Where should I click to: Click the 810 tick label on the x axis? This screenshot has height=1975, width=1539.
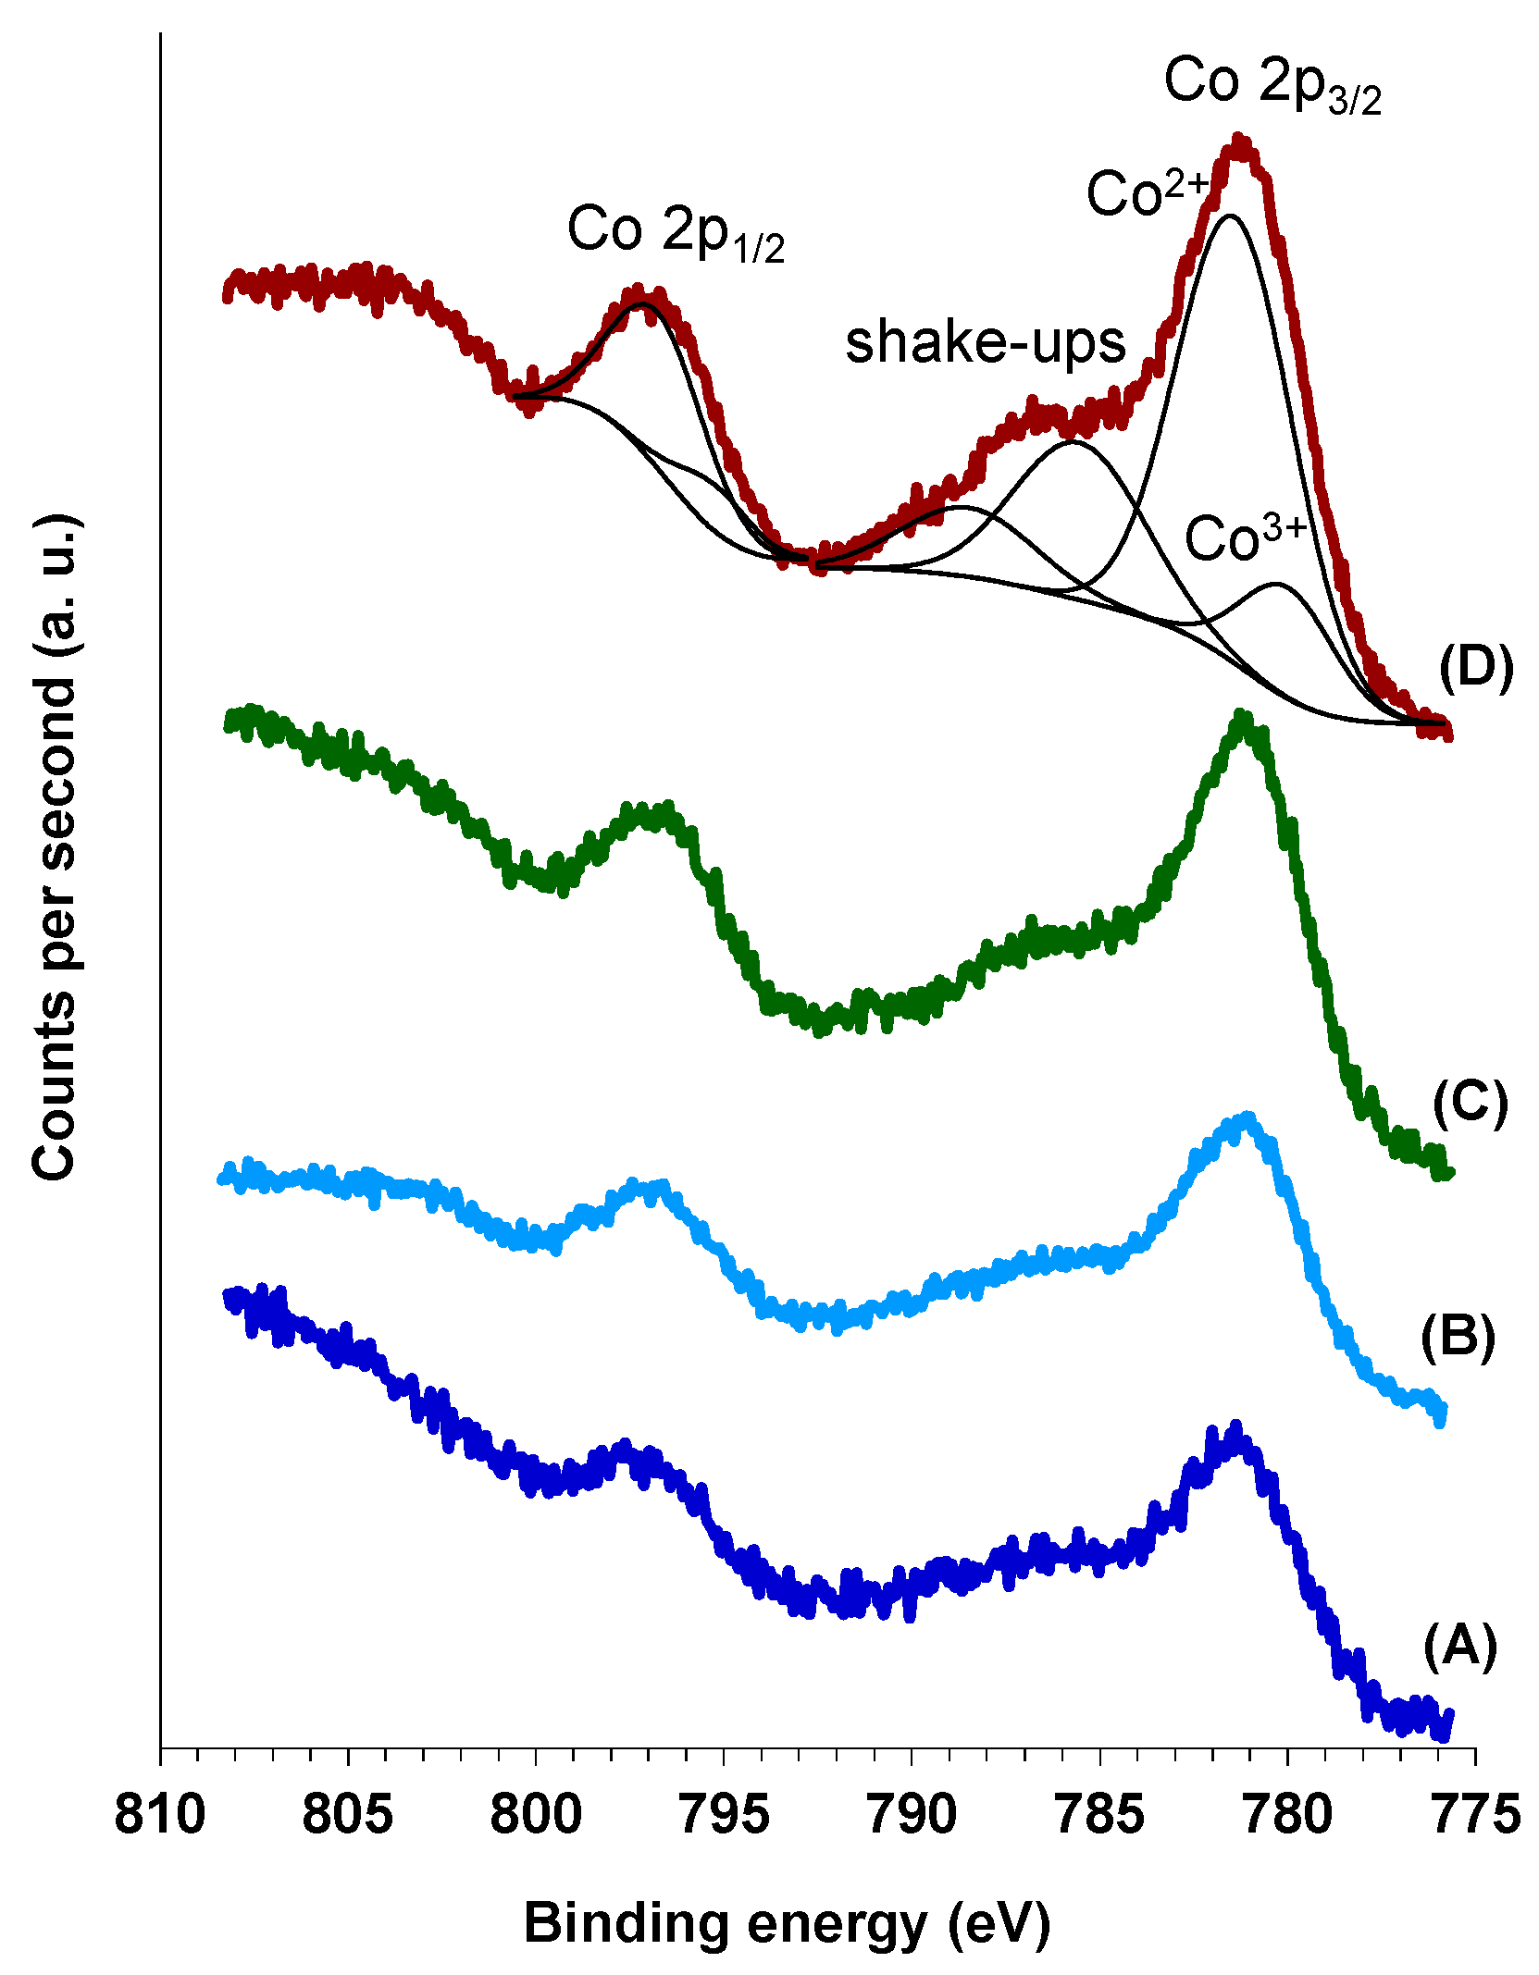point(160,1815)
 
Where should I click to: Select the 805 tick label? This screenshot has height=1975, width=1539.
point(347,1815)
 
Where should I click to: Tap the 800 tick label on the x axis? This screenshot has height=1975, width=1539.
point(535,1815)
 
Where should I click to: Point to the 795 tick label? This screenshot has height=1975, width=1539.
point(723,1815)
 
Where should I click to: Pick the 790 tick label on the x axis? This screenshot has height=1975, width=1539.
point(911,1815)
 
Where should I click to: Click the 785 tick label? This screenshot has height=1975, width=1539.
point(1099,1815)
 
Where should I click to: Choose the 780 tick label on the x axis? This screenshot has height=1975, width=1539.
point(1287,1815)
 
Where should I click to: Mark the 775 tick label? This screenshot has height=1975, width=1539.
point(1476,1815)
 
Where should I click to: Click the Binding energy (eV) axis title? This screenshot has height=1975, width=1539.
point(787,1924)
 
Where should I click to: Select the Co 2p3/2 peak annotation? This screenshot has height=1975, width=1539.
point(1272,85)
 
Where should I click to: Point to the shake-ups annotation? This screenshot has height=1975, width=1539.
point(986,342)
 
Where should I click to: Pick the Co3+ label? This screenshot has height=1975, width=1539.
point(1245,538)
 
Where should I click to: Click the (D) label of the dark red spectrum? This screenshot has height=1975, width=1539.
point(1476,668)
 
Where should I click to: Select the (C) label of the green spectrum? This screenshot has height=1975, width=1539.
point(1471,1103)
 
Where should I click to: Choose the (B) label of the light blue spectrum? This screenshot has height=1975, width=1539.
point(1458,1337)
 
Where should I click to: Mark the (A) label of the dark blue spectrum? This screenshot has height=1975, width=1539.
point(1460,1646)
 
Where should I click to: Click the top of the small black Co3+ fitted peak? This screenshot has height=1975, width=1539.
point(1277,584)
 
